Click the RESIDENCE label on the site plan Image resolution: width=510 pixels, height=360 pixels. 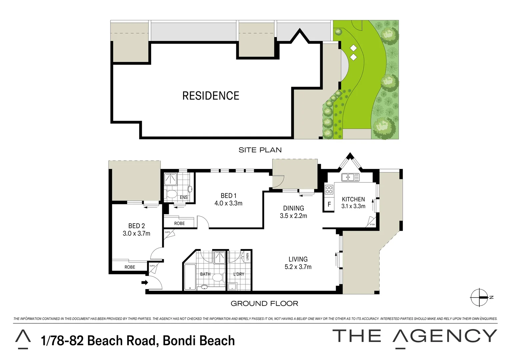[210, 96]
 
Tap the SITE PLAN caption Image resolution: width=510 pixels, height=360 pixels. [260, 150]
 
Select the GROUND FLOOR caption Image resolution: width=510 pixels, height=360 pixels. [264, 303]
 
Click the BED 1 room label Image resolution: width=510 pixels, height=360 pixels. [228, 196]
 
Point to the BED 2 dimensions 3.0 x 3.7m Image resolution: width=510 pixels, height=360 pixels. [136, 234]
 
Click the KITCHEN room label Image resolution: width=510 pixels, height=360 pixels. [353, 199]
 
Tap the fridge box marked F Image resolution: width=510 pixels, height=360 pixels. [329, 204]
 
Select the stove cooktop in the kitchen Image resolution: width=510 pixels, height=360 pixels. [329, 189]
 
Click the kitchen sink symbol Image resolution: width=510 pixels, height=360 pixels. [350, 177]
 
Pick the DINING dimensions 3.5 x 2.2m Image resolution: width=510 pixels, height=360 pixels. [293, 216]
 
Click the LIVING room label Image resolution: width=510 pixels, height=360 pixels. [298, 259]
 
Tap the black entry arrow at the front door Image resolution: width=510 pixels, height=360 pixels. [144, 283]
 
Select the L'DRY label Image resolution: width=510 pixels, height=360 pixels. [238, 274]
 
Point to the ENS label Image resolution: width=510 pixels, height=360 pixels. [183, 197]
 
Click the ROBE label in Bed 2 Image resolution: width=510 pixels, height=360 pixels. [130, 267]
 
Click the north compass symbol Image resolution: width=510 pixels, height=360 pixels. [480, 297]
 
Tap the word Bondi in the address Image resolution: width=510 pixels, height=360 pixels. [180, 341]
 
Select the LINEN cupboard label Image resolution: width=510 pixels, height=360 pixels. [247, 256]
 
